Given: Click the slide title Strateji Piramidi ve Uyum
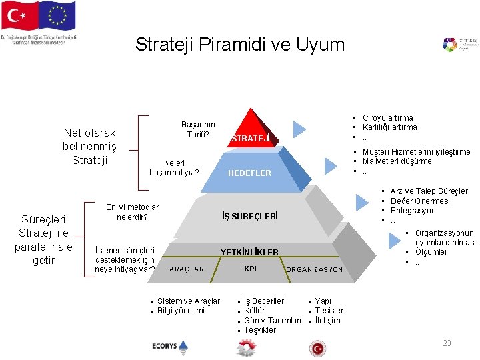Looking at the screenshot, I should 240,45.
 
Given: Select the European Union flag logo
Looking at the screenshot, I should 57,17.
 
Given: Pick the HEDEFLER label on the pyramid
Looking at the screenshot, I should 250,173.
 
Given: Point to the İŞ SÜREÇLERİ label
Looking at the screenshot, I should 250,217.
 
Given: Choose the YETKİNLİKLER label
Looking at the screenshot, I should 249,252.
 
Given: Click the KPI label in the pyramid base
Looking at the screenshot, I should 251,269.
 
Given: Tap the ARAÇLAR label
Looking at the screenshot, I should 187,269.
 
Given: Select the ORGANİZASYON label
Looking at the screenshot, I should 314,270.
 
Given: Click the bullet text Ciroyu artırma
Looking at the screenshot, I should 387,118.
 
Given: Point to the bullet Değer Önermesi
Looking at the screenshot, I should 420,201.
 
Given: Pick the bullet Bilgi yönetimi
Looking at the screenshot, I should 181,311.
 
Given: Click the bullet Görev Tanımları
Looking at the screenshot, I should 273,320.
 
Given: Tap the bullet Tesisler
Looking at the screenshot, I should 329,311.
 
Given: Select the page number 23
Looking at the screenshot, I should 447,343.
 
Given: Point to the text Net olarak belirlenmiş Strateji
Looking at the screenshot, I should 89,147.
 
